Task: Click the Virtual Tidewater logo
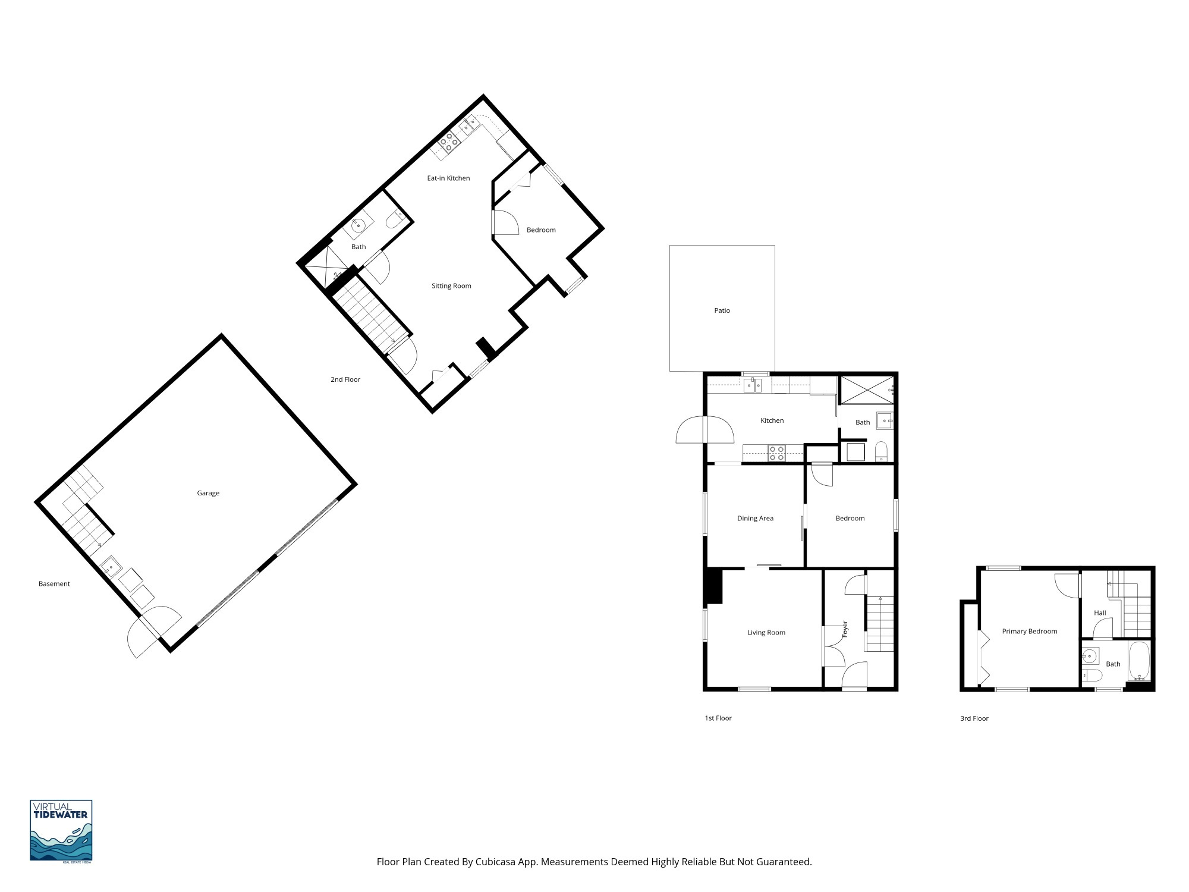(61, 830)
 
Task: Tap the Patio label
(722, 310)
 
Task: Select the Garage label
(208, 493)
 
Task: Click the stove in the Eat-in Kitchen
(449, 142)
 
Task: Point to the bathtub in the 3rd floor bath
(1139, 661)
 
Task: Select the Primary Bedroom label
(1029, 632)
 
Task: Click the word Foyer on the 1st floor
(845, 629)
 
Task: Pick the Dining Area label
(755, 519)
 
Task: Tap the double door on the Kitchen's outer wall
(704, 430)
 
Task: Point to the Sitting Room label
(451, 286)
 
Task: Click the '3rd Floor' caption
(974, 718)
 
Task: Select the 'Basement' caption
(54, 584)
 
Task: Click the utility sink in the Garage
(110, 567)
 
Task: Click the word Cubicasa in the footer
(495, 862)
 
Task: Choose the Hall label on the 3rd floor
(1100, 613)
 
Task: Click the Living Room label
(766, 633)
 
